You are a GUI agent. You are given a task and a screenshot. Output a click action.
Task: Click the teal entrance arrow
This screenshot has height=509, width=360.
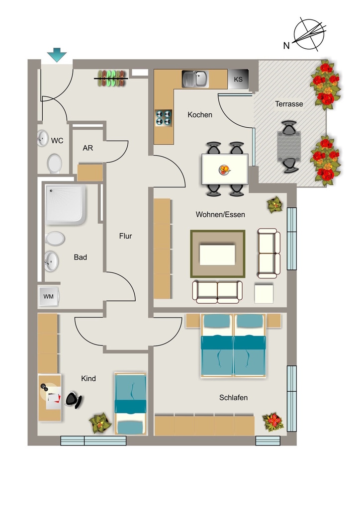[57, 55]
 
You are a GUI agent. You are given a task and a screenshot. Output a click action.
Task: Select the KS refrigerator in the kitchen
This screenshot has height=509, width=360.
[238, 79]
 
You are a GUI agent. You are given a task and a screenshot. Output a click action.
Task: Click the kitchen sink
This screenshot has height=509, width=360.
[195, 79]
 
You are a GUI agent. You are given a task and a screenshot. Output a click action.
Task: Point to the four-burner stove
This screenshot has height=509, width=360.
[163, 118]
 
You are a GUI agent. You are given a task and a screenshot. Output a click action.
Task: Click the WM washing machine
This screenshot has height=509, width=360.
[49, 296]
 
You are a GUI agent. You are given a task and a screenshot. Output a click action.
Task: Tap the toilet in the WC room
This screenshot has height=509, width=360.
[54, 164]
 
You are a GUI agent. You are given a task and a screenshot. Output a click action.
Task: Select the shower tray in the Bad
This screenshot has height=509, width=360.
[65, 204]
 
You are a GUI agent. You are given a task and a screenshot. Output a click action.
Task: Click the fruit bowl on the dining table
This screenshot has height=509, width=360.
[224, 170]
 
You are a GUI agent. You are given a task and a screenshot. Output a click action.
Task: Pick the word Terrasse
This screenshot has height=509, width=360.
[289, 104]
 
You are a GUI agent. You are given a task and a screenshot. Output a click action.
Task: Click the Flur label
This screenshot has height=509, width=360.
[125, 236]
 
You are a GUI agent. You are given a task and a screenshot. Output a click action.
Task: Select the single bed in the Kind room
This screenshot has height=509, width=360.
[130, 404]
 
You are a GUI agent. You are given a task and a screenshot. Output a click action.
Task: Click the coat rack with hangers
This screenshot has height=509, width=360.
[111, 78]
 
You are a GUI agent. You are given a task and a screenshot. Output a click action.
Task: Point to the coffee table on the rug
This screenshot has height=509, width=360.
[217, 255]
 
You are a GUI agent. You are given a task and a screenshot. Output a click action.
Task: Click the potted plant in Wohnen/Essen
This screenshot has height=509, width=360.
[274, 204]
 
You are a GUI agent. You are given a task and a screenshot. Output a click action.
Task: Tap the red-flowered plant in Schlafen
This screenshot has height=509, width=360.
[272, 422]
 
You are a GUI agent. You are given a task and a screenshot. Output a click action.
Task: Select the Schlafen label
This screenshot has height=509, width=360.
[233, 398]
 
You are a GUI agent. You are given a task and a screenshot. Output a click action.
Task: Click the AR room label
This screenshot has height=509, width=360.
[88, 148]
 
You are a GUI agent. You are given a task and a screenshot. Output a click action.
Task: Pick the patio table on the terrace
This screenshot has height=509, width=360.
[289, 147]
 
